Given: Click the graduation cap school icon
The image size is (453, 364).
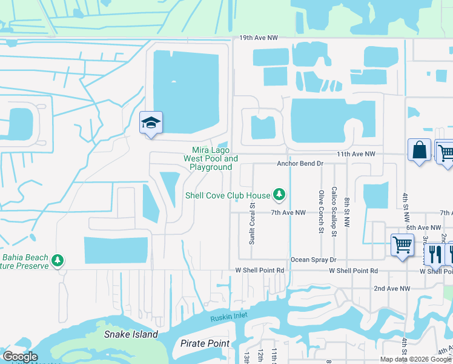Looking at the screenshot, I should [x=151, y=123].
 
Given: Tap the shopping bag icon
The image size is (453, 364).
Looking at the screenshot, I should [x=419, y=150].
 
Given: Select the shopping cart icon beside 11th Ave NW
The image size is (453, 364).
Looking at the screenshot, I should [x=445, y=151].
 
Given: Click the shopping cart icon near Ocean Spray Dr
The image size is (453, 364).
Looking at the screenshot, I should [x=402, y=245].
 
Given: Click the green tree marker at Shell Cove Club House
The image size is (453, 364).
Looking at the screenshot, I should [x=279, y=195].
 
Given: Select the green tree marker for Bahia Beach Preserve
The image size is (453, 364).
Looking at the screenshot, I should [x=58, y=260].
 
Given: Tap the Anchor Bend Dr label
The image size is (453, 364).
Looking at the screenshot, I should [x=300, y=164].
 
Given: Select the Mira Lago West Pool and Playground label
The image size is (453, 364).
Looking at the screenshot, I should [x=211, y=158].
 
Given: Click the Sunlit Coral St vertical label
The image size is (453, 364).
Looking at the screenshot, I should [x=252, y=223].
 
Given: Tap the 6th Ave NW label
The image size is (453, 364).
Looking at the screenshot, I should [x=423, y=227].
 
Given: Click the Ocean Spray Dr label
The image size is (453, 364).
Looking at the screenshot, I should [x=313, y=260].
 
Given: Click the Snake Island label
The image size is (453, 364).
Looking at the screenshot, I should [x=131, y=334].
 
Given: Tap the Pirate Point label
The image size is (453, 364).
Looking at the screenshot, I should [x=205, y=343].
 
